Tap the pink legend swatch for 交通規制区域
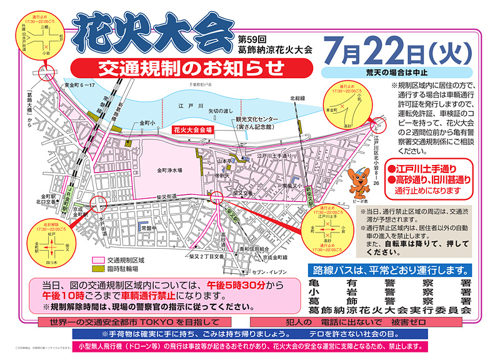click(97, 260)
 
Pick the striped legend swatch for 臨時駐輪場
click(97, 269)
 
